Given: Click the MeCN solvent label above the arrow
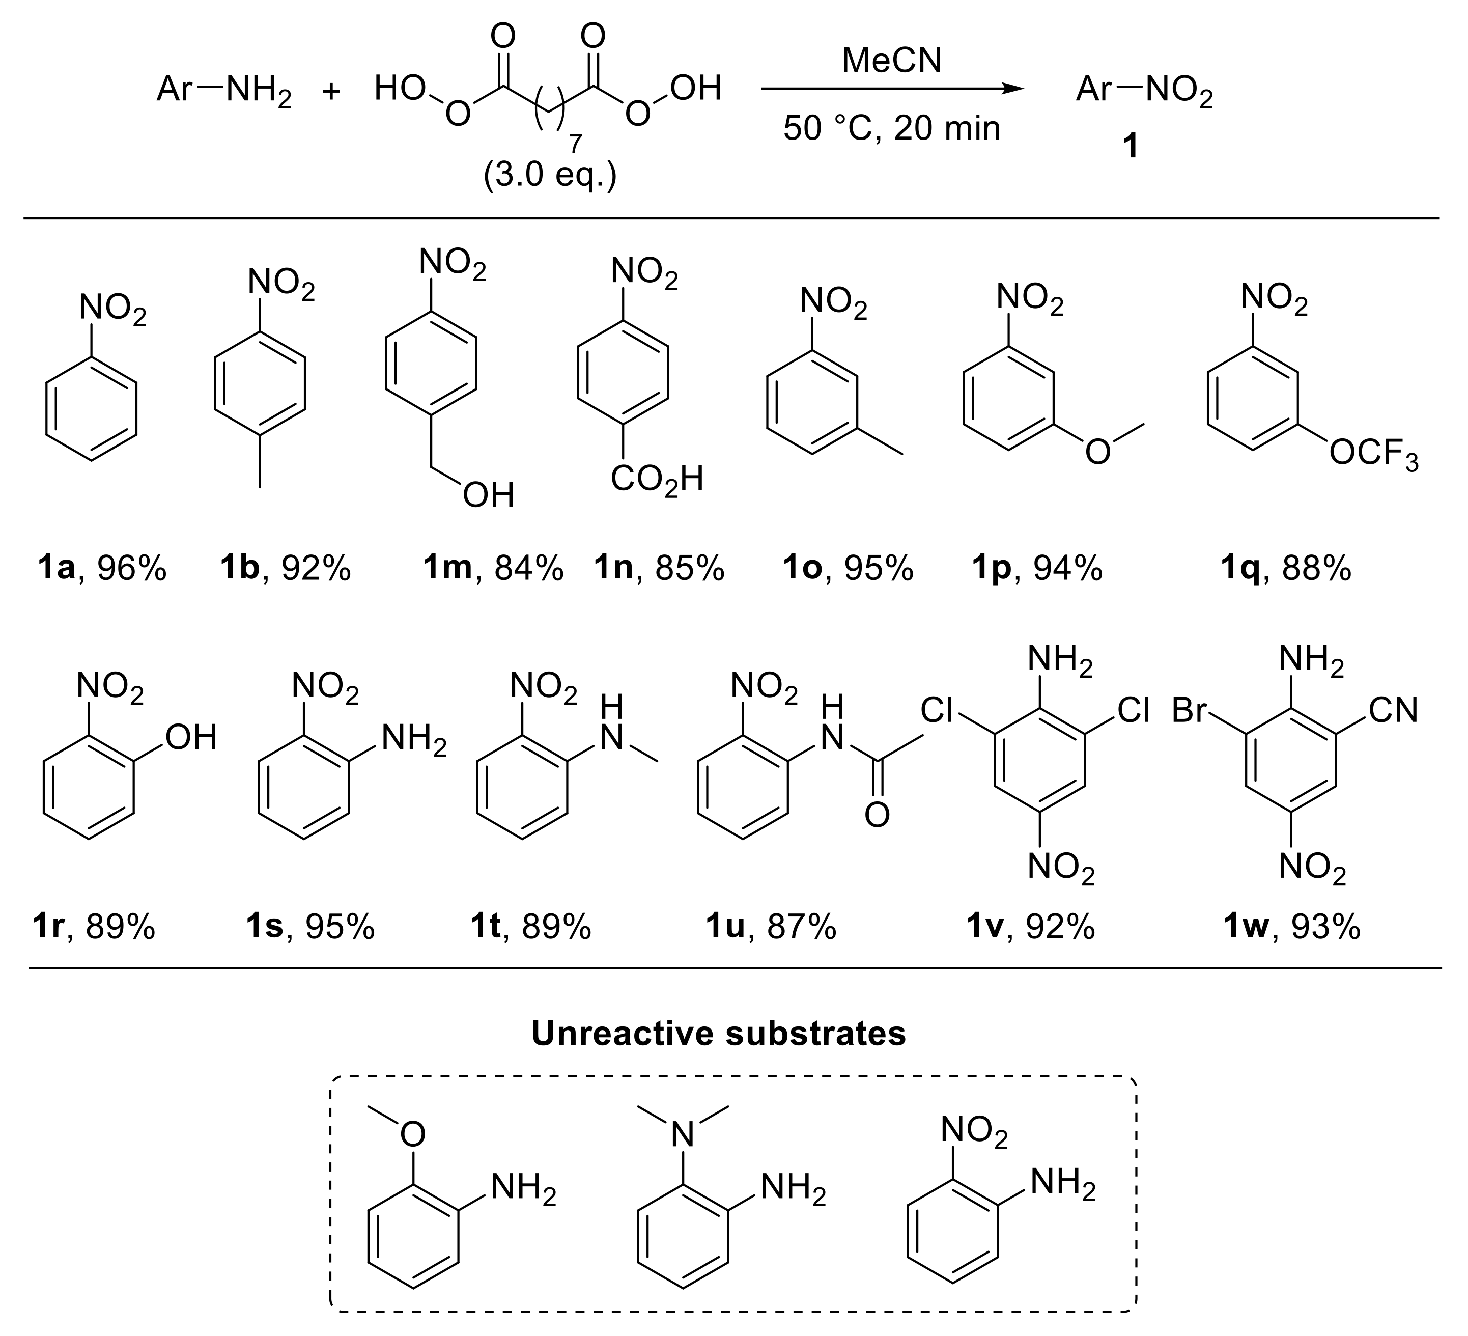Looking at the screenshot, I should [891, 61].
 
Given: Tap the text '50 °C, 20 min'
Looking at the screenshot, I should [891, 129].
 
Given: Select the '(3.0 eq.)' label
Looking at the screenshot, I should [550, 176].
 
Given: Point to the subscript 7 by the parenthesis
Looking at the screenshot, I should [575, 144].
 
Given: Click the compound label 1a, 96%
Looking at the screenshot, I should [102, 569].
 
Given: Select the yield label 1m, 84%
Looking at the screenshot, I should [493, 569].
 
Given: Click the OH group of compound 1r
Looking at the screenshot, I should [191, 738].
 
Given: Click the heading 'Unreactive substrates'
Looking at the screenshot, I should [718, 1033].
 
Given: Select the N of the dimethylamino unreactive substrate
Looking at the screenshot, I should [682, 1134].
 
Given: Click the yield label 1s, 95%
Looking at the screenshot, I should [310, 927].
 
